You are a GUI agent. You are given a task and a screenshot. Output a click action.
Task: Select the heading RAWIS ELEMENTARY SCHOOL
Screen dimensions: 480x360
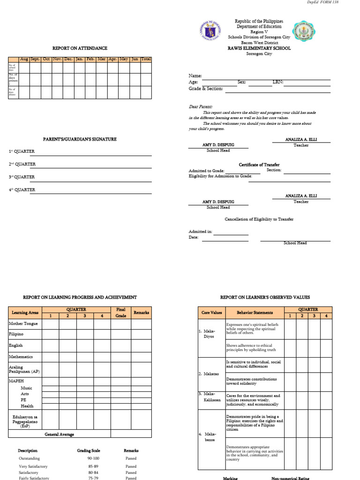(259, 48)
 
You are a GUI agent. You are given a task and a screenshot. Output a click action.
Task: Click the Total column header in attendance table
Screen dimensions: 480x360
(146, 59)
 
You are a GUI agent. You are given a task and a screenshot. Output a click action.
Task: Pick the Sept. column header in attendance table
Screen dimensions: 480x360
(35, 59)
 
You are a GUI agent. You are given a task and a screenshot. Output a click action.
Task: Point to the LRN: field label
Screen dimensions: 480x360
(278, 82)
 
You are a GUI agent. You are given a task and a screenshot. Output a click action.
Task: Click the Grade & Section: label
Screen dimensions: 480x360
(206, 89)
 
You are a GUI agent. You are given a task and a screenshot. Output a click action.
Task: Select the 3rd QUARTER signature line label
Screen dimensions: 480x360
(22, 177)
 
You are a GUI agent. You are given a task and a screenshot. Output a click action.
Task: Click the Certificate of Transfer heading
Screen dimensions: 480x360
(259, 165)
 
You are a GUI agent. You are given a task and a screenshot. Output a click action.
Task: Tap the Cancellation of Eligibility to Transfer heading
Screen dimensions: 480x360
(259, 219)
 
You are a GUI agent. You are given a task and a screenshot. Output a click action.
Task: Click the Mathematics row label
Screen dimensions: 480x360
(21, 357)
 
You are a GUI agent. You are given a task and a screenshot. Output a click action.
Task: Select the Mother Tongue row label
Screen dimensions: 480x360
(23, 323)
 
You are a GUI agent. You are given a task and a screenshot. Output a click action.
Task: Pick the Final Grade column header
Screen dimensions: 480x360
(121, 313)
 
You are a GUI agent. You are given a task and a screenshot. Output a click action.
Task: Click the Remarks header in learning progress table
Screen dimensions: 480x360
(141, 312)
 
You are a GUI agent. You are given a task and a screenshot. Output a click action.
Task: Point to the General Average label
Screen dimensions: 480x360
(60, 435)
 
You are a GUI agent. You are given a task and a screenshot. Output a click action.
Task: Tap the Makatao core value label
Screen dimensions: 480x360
(207, 374)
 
